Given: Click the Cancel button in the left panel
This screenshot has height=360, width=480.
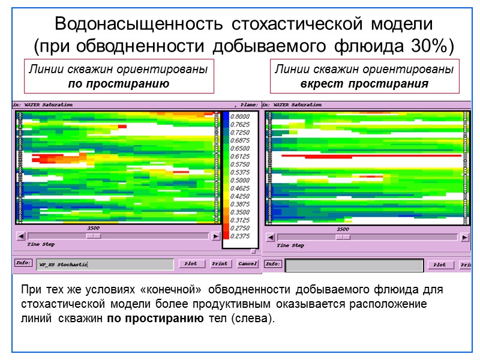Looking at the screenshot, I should [x=247, y=263].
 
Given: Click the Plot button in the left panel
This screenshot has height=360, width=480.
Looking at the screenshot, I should [x=191, y=263].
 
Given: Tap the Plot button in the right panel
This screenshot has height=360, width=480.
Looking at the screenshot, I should [x=440, y=265].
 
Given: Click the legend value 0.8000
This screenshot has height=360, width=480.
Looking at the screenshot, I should [x=241, y=116].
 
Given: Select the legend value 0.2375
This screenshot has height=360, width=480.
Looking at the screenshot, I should [x=241, y=236].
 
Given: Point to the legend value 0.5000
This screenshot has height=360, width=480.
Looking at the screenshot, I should [x=241, y=180].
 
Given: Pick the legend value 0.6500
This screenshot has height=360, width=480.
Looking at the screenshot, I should [x=241, y=148].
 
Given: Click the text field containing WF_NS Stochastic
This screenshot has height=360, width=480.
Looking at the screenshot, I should [x=104, y=264].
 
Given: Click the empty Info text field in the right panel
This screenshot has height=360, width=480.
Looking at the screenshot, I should [x=354, y=265].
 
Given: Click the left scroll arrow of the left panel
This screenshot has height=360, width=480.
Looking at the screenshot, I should [x=20, y=236].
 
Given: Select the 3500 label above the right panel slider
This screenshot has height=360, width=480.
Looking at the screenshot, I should [x=343, y=229].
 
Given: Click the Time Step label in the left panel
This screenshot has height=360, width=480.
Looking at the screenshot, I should [x=40, y=245].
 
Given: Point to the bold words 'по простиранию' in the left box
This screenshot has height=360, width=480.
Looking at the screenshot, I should [x=119, y=83].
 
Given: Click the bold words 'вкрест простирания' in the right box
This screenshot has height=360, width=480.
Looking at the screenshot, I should [x=364, y=83].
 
